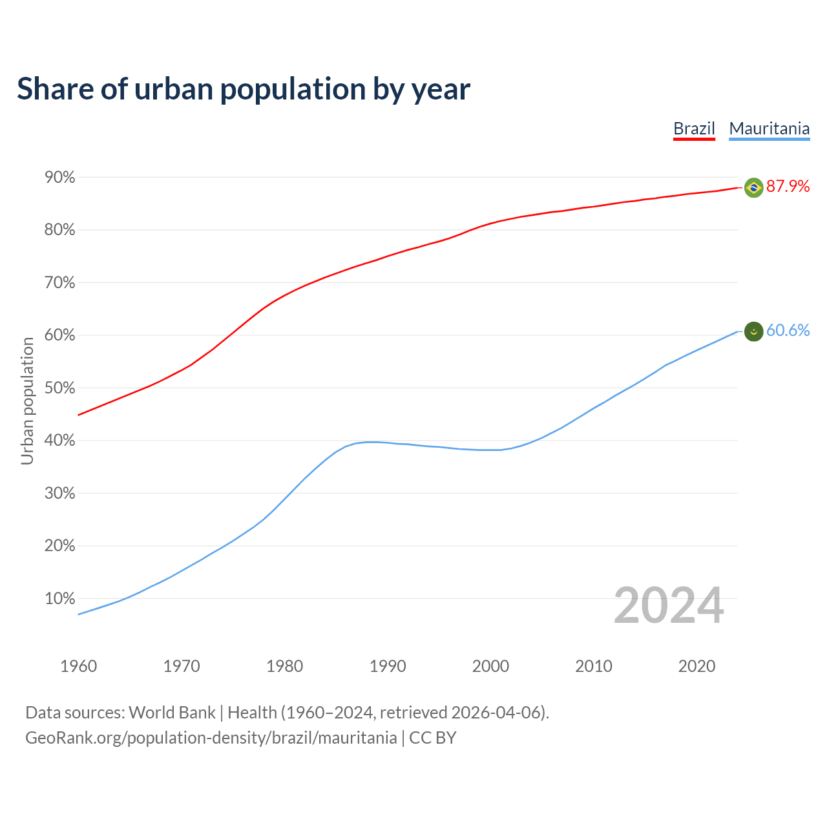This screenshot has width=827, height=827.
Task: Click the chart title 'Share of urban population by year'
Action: point(244,89)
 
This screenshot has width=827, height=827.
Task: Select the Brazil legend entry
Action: point(694,129)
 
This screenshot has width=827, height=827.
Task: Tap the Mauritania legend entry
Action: point(769,129)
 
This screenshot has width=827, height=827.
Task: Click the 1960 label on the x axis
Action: point(78,666)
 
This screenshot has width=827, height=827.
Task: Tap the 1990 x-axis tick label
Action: point(388,666)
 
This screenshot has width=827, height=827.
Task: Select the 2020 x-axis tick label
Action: point(696,666)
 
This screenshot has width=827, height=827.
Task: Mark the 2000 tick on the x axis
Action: point(490,666)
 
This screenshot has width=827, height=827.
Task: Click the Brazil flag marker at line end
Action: point(753,187)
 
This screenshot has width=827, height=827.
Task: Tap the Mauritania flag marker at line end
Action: point(753,331)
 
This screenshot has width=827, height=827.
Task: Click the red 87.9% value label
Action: point(788,187)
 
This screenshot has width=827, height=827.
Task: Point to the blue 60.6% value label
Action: point(788,331)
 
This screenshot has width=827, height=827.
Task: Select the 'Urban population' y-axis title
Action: point(27,401)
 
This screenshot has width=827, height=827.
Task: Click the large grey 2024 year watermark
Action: point(669,606)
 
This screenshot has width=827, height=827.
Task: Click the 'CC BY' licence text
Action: point(432,738)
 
